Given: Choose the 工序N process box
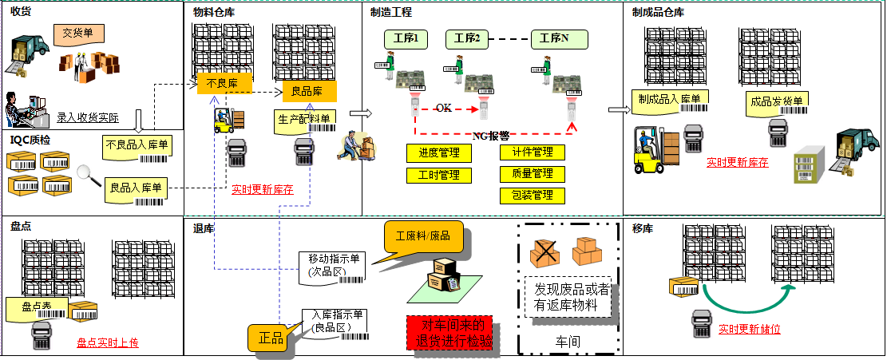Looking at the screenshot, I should (x=559, y=38).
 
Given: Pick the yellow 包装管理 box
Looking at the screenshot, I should (x=532, y=195).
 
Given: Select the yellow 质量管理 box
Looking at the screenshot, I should (x=532, y=173).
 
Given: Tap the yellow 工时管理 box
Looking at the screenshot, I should (x=438, y=175).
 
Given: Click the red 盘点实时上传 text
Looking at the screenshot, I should (x=108, y=342).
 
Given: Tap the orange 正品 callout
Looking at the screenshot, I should (x=271, y=337).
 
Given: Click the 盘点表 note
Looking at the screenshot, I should (x=37, y=306).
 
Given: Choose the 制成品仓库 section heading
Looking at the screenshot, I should (x=658, y=12).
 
